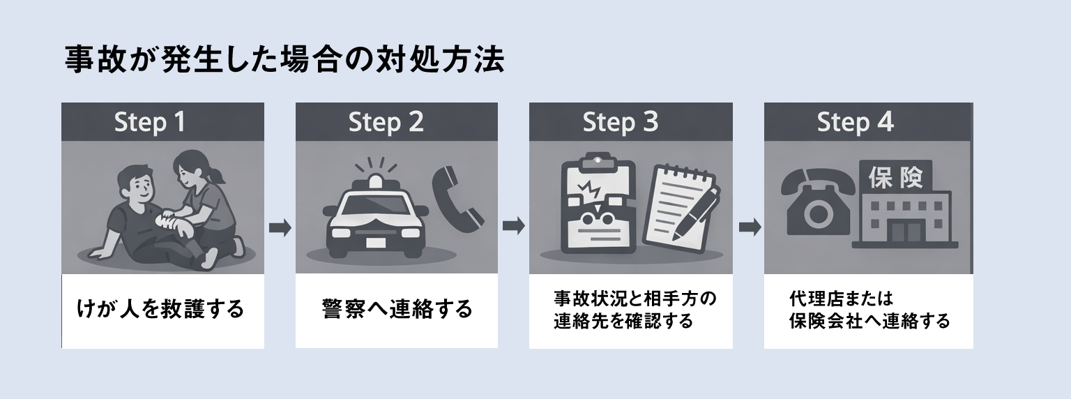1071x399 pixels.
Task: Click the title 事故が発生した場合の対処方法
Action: click(x=284, y=61)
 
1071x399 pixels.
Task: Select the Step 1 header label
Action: click(x=150, y=123)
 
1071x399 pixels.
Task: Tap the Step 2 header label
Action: click(x=386, y=123)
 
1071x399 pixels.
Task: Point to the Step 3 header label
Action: click(x=620, y=123)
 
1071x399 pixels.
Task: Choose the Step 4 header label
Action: click(x=855, y=123)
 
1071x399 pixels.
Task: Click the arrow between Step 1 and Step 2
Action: click(x=280, y=227)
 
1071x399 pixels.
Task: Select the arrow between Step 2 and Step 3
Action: click(x=513, y=227)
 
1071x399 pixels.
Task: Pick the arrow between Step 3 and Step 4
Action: click(x=749, y=227)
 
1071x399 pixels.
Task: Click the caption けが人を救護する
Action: click(x=160, y=308)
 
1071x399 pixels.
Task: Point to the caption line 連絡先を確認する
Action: click(x=623, y=322)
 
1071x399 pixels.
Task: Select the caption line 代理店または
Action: click(x=841, y=299)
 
